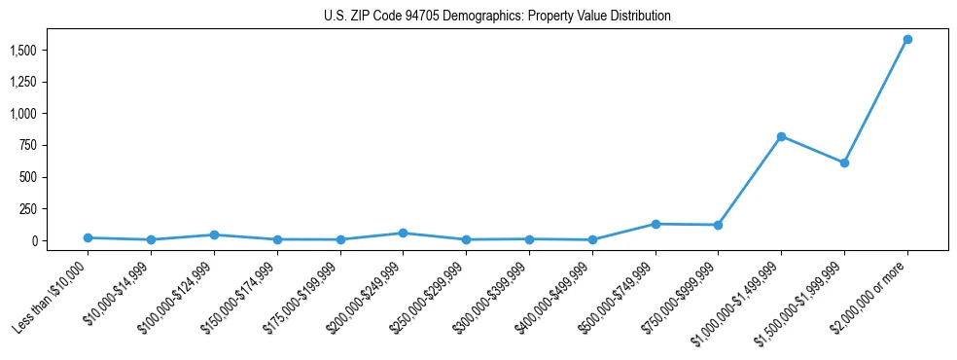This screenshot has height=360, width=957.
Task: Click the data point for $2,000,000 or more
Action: [x=907, y=40]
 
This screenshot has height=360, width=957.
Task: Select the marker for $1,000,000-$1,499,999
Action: [x=781, y=136]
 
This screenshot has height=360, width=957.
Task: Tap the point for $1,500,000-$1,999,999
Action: [x=844, y=162]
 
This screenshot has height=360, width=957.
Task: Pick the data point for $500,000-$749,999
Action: [x=656, y=224]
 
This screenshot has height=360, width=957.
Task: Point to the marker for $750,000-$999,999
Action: [x=718, y=225]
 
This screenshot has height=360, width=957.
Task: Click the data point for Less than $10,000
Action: [x=88, y=237]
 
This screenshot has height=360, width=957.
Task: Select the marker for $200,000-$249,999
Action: [x=403, y=234]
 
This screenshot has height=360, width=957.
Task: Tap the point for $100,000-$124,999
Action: [x=214, y=234]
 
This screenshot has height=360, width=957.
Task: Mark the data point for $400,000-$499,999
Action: [x=592, y=239]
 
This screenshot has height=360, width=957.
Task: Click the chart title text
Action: [x=497, y=17]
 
